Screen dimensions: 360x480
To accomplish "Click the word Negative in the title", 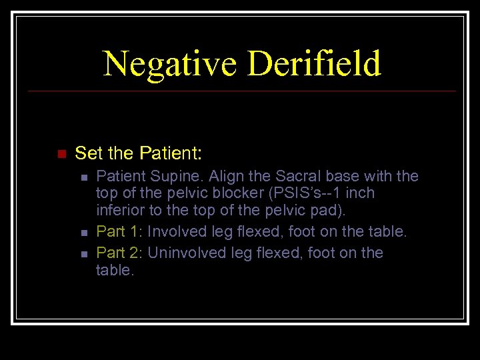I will click(x=170, y=64).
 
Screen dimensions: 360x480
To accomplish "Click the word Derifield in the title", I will click(x=314, y=64).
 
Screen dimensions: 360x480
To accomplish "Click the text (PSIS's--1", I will click(x=305, y=193).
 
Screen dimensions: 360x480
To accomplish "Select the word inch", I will click(x=359, y=193).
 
